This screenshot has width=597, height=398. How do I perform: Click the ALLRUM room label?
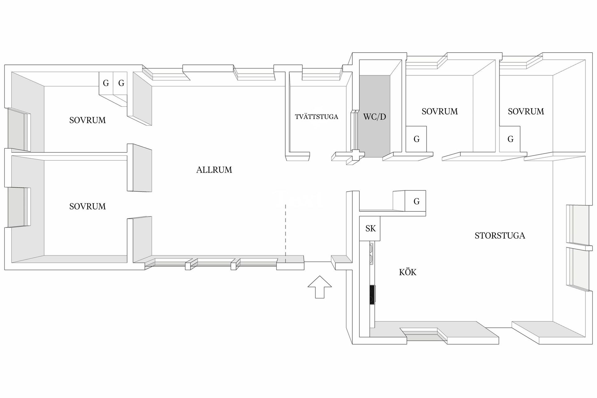214,170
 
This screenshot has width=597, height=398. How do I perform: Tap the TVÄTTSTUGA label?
316,117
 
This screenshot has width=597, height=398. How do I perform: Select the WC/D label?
374,117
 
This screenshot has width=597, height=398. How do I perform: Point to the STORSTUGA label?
500,236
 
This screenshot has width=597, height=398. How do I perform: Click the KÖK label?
407,272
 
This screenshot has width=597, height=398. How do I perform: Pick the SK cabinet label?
370,229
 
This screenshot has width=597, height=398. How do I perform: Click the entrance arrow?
320,286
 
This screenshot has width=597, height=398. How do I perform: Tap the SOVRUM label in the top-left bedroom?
87,120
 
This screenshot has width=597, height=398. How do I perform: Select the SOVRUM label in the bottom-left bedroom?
87,206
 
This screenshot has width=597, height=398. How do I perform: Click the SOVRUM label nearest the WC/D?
440,111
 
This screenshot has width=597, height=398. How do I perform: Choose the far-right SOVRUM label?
526,111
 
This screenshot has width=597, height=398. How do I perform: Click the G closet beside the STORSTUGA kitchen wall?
416,201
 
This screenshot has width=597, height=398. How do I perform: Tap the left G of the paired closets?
106,83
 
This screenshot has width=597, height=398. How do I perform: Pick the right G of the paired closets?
121,83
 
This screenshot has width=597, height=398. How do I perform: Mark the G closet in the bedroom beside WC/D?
416,139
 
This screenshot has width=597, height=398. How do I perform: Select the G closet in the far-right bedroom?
510,139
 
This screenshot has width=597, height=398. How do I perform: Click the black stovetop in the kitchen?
372,294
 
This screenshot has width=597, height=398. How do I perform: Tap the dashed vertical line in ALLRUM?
285,230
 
